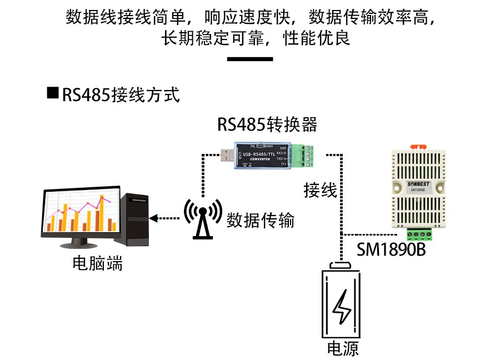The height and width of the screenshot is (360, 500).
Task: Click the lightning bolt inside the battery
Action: point(341,308)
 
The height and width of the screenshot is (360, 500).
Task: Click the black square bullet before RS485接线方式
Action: point(53,93)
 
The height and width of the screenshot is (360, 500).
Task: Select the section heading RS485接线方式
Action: point(121,94)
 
